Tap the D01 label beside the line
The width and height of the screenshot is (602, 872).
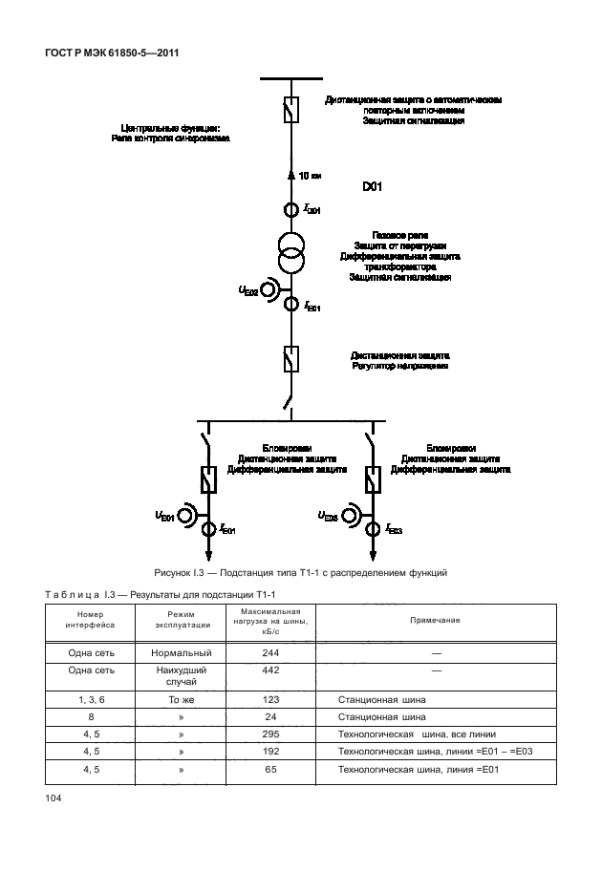(x=373, y=187)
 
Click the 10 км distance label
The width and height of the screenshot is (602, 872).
(x=310, y=176)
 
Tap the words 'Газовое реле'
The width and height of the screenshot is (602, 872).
(x=399, y=235)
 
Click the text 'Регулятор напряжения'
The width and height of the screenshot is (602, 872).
(x=399, y=366)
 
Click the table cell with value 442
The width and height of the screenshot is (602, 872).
(x=271, y=670)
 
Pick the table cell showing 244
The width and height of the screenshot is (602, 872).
(x=271, y=652)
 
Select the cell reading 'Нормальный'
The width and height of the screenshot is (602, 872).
(x=181, y=652)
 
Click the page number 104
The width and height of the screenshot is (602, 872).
(x=53, y=798)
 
